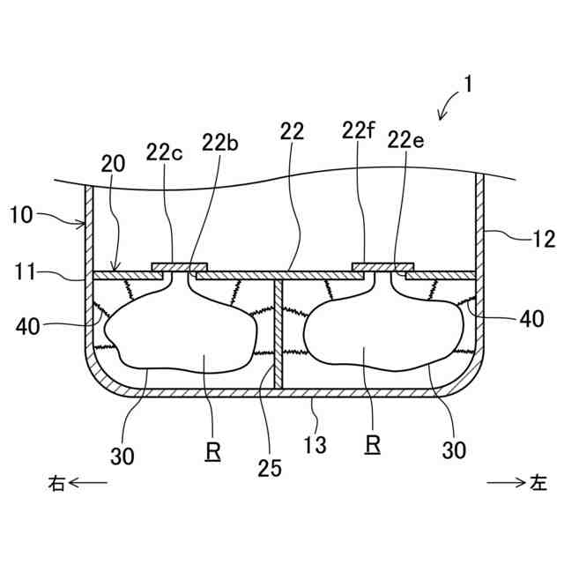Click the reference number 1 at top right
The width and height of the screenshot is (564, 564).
(x=468, y=85)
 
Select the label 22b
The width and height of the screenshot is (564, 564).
(x=220, y=143)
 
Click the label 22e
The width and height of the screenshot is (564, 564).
(x=405, y=140)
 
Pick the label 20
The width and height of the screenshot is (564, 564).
(x=113, y=164)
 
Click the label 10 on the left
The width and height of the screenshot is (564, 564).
(x=21, y=215)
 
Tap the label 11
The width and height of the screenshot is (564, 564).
(x=26, y=271)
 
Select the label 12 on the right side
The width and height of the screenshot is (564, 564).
(x=544, y=239)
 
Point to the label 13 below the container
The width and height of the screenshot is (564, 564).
(x=315, y=445)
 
